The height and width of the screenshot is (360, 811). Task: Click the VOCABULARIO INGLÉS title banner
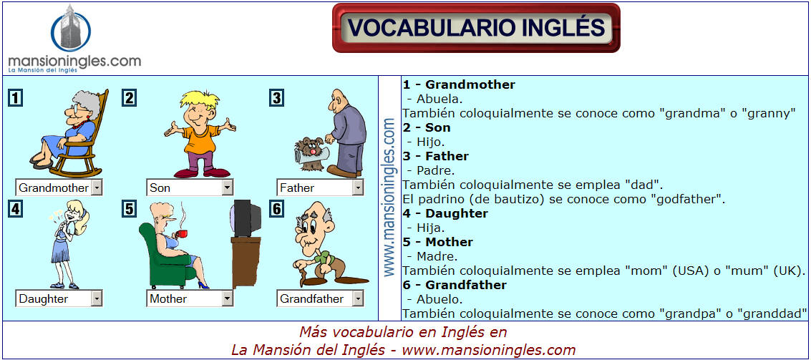click(x=476, y=28)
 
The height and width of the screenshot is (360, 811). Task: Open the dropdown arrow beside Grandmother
click(x=97, y=188)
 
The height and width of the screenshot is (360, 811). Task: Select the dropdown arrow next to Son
click(x=227, y=188)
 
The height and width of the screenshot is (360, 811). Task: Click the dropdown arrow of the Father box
click(x=358, y=188)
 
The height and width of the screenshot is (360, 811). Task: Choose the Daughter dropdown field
click(x=59, y=298)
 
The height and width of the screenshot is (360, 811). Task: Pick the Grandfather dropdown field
click(x=321, y=298)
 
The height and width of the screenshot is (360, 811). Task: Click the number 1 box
click(x=16, y=98)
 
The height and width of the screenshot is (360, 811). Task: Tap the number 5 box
click(x=130, y=208)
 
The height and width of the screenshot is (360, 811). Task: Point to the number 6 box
click(x=277, y=208)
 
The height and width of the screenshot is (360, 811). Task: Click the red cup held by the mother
click(x=180, y=234)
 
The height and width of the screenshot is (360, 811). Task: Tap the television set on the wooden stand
click(x=246, y=218)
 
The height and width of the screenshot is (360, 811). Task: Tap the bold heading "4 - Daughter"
click(x=445, y=213)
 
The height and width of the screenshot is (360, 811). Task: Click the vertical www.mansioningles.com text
click(x=389, y=198)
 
